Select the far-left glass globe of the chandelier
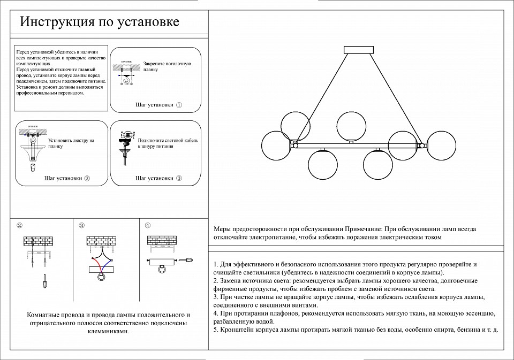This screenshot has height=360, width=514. coord(277,145)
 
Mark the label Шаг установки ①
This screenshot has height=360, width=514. coord(159,105)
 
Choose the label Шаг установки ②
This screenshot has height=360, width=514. coord(67,178)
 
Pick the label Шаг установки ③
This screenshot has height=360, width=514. coord(159,178)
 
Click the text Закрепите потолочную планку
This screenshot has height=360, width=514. coord(167,67)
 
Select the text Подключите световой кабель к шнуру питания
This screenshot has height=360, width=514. coord(168,143)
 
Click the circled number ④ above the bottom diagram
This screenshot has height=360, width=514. coord(148,225)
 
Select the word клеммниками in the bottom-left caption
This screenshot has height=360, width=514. coord(108,332)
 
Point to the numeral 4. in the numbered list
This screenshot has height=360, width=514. coord(215,313)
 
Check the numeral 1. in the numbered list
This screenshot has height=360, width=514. coord(215,265)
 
